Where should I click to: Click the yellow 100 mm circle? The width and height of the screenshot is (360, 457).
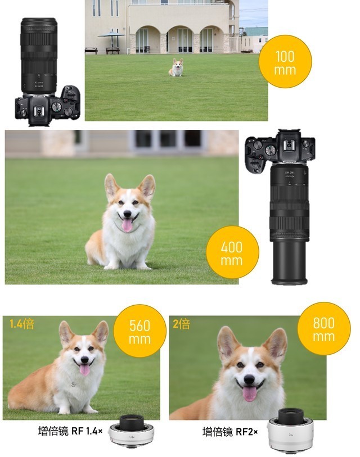[285, 61]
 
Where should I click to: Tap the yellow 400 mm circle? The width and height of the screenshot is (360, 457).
[232, 252]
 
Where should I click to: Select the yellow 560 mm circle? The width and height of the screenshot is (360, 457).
[139, 331]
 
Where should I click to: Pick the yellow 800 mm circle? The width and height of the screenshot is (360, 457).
[324, 328]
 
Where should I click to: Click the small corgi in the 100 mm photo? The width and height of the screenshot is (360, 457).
[177, 67]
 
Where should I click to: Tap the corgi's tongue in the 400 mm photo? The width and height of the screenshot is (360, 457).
[127, 225]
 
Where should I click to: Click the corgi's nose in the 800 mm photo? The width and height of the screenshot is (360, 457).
[249, 379]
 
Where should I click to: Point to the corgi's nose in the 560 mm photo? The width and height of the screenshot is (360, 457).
[84, 360]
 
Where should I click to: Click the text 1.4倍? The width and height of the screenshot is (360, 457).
[22, 324]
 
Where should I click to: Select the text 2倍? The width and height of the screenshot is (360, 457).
[181, 324]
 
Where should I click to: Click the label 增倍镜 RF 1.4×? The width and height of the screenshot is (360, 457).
[70, 431]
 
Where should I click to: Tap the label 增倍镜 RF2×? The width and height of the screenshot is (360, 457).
[230, 432]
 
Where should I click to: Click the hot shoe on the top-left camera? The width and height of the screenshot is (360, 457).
[39, 112]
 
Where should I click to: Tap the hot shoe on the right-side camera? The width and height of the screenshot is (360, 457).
[289, 144]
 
